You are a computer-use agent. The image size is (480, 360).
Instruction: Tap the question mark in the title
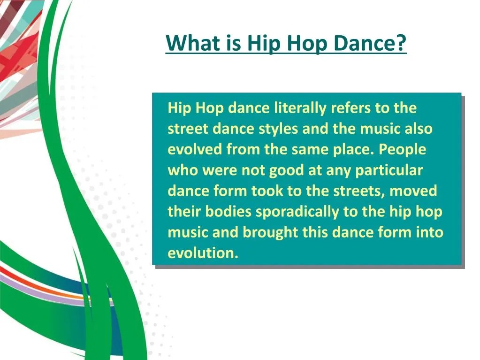[401, 44]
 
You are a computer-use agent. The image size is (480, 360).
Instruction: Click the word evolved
[195, 150]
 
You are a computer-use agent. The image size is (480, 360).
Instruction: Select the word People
[403, 150]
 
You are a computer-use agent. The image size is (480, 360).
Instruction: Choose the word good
[286, 170]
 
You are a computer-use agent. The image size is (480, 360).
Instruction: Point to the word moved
[413, 191]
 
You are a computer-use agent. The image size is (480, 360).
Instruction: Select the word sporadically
[297, 212]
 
